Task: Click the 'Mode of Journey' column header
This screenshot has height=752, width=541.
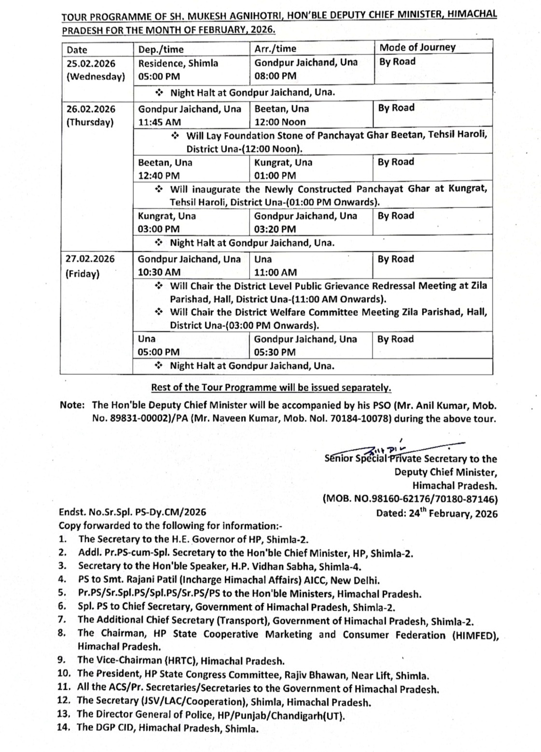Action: tap(417, 47)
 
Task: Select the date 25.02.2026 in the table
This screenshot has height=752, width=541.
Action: tap(91, 63)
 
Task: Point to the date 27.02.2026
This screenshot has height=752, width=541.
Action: tap(90, 259)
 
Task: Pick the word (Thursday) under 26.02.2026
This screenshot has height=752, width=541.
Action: tap(90, 122)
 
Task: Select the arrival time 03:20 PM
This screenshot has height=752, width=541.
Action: tap(275, 229)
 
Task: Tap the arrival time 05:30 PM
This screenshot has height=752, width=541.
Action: tap(275, 352)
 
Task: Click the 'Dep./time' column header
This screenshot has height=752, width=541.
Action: tap(161, 49)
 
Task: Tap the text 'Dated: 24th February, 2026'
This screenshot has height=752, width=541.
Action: tap(436, 513)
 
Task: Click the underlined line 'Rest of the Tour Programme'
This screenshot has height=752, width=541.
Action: tap(271, 388)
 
